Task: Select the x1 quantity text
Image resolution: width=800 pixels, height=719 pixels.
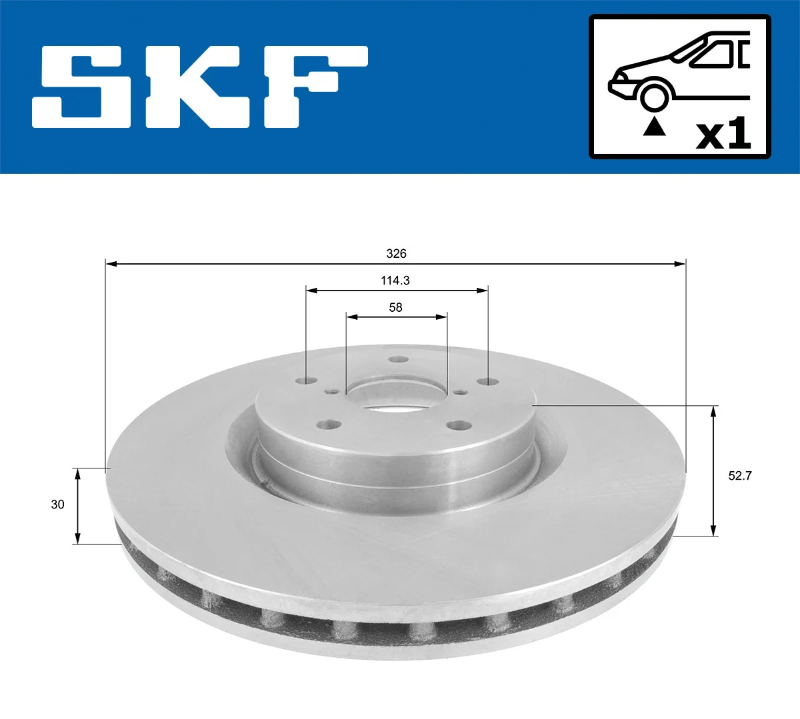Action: pyautogui.click(x=723, y=134)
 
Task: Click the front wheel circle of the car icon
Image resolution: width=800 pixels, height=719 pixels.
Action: pyautogui.click(x=654, y=95)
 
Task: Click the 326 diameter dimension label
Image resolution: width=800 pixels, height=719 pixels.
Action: pyautogui.click(x=396, y=254)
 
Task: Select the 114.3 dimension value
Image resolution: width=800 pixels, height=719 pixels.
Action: pyautogui.click(x=395, y=281)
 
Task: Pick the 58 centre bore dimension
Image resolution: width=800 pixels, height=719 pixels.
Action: pyautogui.click(x=395, y=307)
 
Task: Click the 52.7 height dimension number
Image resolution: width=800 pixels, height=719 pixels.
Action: pyautogui.click(x=740, y=476)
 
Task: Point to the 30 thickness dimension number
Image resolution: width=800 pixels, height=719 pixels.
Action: pyautogui.click(x=58, y=504)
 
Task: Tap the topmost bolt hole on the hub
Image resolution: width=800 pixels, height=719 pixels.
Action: pyautogui.click(x=399, y=359)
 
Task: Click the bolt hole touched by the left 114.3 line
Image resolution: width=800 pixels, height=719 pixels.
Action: pyautogui.click(x=307, y=381)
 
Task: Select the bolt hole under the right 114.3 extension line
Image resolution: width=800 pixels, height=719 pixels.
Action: pyautogui.click(x=488, y=381)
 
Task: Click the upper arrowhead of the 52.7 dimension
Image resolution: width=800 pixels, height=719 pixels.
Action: pyautogui.click(x=714, y=410)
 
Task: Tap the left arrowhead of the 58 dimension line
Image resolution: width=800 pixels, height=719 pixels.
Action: pyautogui.click(x=351, y=317)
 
